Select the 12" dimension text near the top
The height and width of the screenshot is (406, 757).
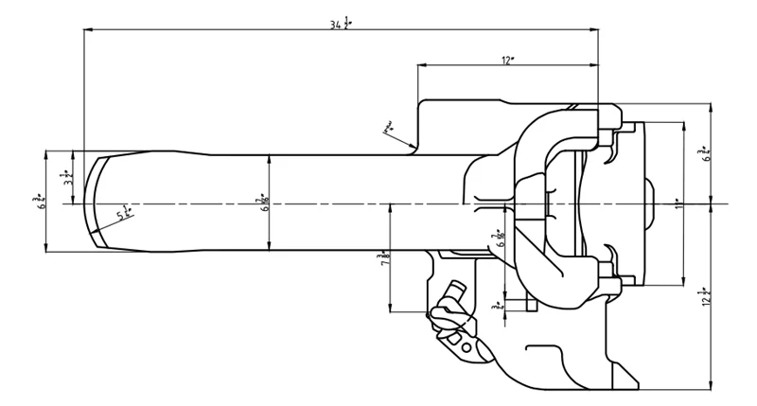[508, 61]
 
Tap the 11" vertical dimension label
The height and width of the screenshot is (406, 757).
[678, 203]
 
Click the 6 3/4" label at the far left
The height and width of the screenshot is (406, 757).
[38, 201]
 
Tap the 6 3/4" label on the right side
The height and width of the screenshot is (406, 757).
[705, 151]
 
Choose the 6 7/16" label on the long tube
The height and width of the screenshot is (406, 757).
[264, 203]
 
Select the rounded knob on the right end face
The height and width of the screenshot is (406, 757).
[651, 203]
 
